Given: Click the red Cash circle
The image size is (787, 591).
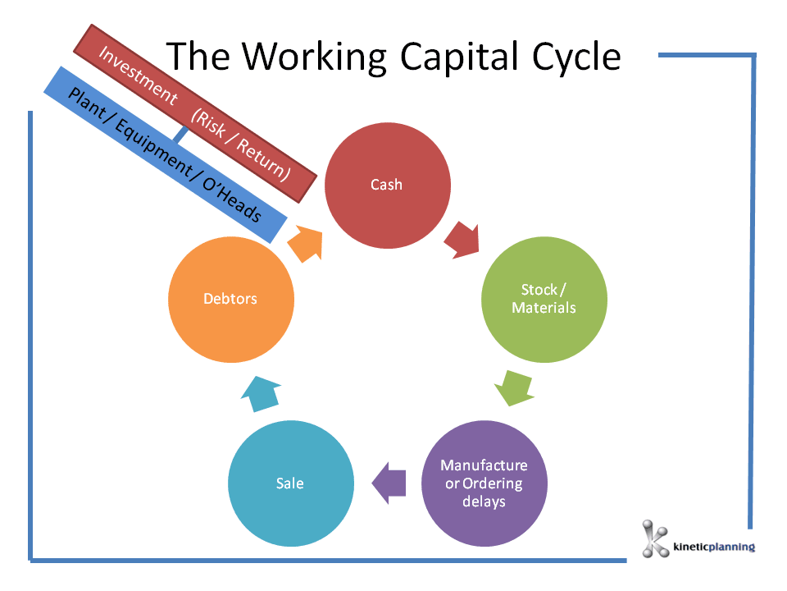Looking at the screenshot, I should point(387,185).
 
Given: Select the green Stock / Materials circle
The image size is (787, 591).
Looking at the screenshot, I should point(544,300).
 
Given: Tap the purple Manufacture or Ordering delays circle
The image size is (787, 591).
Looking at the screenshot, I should point(484,483).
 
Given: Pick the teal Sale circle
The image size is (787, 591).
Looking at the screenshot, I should point(290,483).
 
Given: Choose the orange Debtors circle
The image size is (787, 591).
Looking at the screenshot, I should point(230,299).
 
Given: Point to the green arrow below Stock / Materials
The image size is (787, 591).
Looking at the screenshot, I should point(514,388).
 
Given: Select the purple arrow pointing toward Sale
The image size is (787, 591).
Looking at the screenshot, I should point(389,483).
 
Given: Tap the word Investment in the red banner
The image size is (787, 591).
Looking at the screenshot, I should point(137,75).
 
